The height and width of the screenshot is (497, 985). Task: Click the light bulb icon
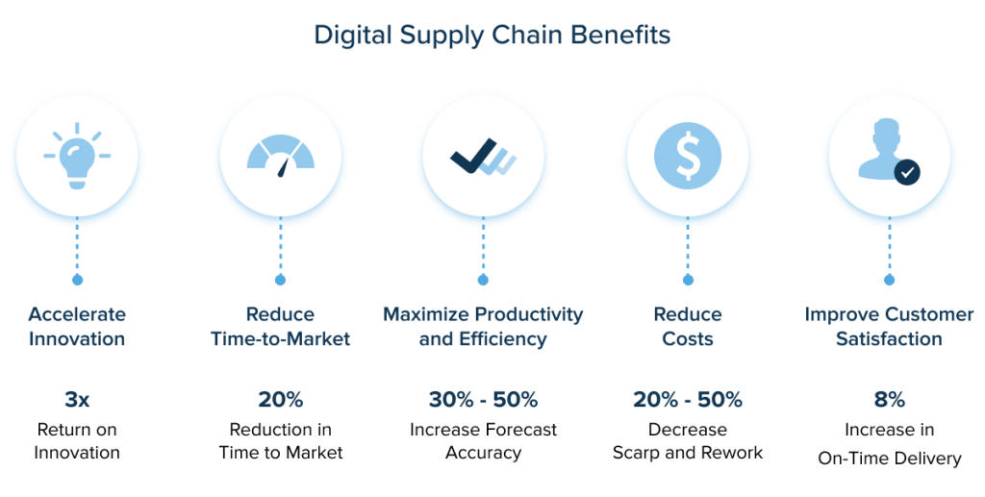(77, 156)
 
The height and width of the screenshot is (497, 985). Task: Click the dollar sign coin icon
(687, 156)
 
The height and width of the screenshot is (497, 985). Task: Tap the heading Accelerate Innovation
(77, 326)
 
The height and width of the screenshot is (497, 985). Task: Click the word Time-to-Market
(280, 339)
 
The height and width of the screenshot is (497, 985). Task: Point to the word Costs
(687, 339)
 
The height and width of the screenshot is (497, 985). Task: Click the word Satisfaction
(889, 339)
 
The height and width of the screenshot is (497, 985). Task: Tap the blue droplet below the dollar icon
(687, 279)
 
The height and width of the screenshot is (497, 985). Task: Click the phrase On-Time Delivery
(890, 459)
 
